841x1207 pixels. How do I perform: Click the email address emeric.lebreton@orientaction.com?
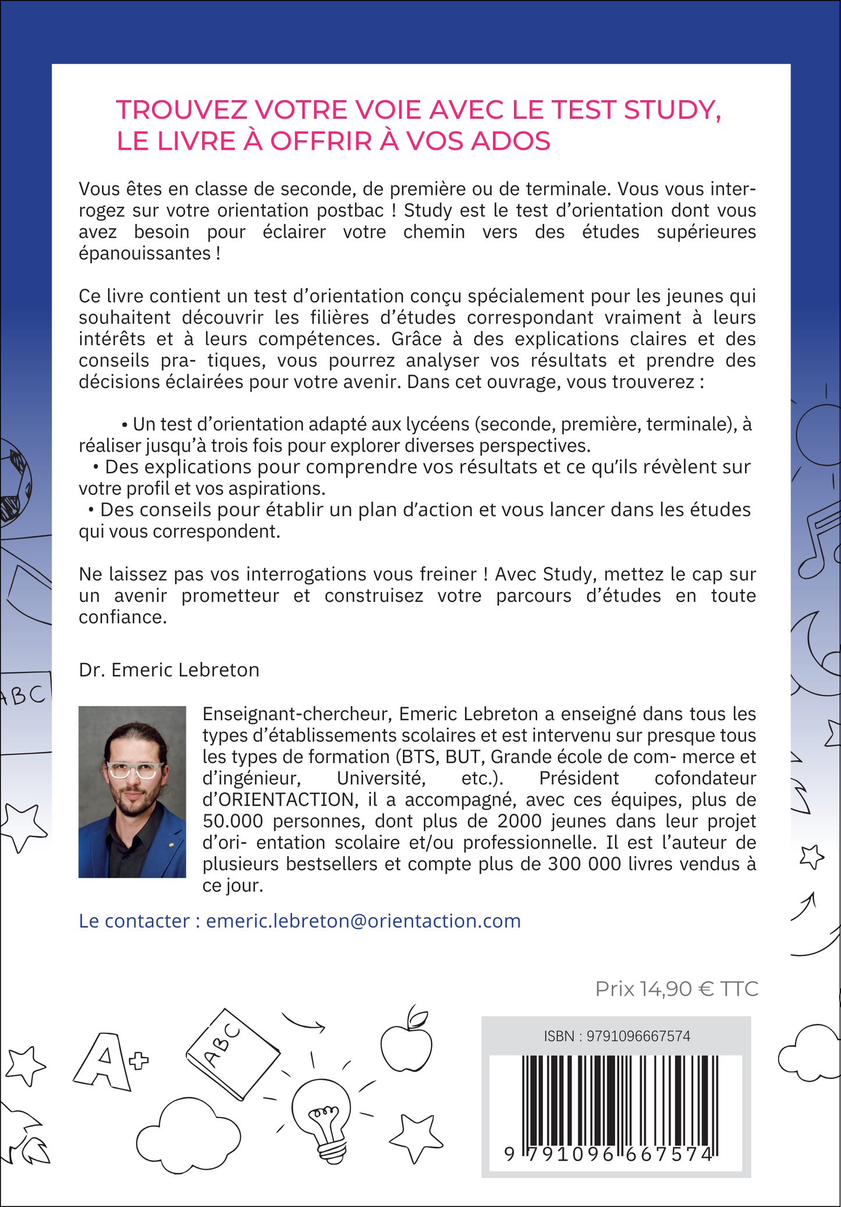[x=363, y=921]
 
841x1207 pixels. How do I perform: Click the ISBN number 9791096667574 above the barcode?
[x=638, y=1036]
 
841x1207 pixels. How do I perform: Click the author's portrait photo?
[x=132, y=791]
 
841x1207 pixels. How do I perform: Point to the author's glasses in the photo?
[x=135, y=771]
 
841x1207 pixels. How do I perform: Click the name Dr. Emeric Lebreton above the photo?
[x=169, y=670]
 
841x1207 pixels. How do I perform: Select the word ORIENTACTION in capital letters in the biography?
[x=278, y=800]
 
